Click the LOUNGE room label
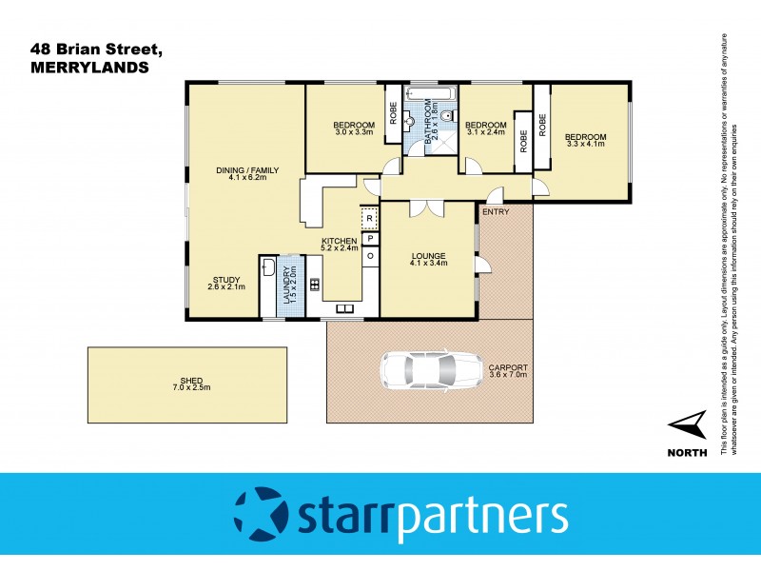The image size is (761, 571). click(428, 256)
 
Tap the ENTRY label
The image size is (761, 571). click(495, 211)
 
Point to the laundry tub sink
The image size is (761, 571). click(268, 266)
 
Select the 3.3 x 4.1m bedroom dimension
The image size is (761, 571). click(585, 145)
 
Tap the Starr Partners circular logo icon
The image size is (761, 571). click(260, 514)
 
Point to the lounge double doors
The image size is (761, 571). click(425, 207)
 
